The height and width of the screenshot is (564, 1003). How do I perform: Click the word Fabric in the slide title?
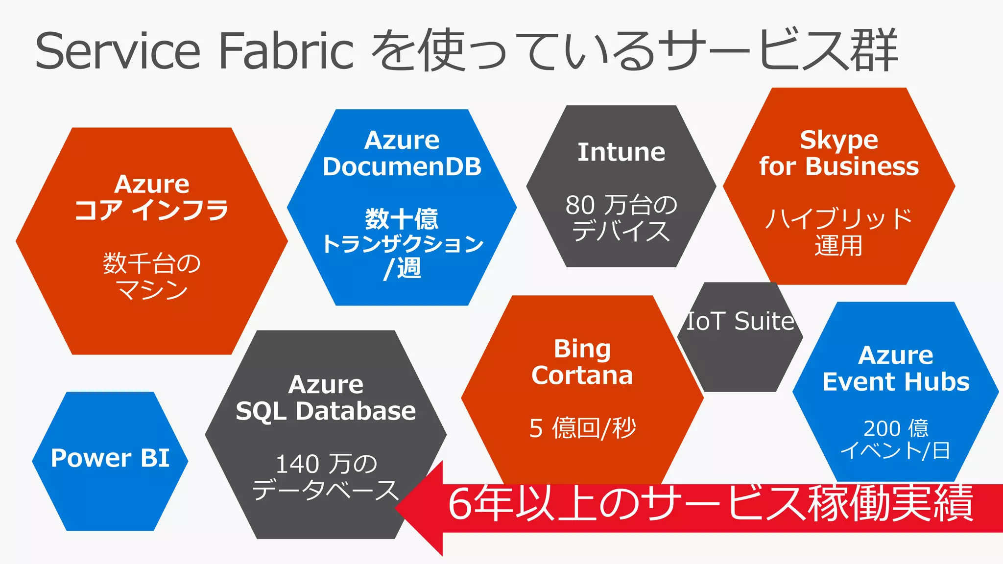286,51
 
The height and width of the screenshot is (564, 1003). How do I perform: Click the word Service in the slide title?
118,51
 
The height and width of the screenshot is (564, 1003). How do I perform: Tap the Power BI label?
110,458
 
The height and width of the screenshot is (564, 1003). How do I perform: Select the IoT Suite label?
740,322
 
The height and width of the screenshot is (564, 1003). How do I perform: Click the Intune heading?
621,152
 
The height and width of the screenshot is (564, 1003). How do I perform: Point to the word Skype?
839,141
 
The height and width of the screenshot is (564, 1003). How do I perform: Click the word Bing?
582,349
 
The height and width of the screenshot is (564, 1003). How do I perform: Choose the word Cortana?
582,376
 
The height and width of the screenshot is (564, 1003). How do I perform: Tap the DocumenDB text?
402,167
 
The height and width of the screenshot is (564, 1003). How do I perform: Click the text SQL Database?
326,411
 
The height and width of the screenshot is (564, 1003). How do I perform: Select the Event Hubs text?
896,382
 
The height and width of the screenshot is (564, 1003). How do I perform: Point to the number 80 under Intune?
580,205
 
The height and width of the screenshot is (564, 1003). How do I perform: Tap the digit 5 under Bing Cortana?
536,429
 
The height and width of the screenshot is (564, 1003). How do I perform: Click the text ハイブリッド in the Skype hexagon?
839,218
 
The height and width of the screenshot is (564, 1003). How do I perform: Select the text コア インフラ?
152,211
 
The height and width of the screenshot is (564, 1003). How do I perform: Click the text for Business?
839,166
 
